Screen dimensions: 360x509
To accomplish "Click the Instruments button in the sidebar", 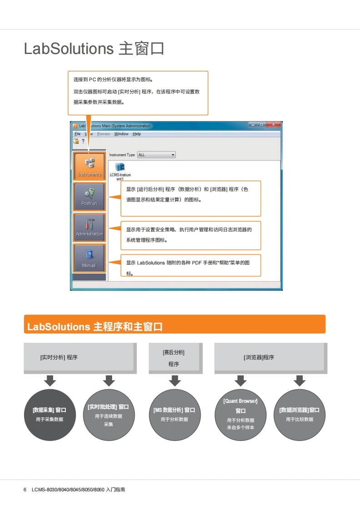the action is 89,166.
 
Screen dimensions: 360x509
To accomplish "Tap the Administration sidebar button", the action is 89,228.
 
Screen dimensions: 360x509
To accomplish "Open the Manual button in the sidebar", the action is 89,259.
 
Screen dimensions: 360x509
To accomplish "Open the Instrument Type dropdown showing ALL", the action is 156,155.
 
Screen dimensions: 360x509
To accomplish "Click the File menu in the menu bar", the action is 78,134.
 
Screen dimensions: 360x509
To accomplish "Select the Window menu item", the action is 121,134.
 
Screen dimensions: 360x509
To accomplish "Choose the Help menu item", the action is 137,134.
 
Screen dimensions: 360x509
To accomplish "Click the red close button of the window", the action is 273,125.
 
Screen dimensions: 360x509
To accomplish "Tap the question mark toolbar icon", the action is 83,141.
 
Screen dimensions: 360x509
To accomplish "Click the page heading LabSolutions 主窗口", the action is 94,49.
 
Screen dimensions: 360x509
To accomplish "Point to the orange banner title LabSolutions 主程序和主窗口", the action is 95,327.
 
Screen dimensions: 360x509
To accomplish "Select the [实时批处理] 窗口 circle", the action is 108,415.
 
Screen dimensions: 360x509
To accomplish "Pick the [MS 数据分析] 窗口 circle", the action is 174,415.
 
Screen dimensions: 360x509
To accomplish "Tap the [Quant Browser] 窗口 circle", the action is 240,415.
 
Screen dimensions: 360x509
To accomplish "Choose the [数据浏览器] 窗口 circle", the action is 299,415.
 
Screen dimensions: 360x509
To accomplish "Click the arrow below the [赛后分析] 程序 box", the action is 174,381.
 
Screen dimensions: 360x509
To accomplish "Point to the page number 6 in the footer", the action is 25,490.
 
